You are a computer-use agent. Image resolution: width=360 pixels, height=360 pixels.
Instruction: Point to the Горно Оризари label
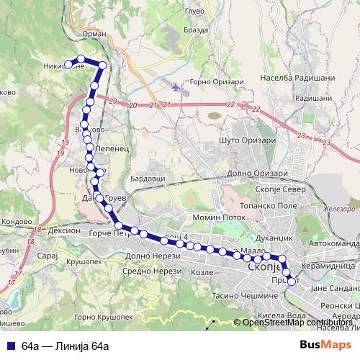tap(217, 81)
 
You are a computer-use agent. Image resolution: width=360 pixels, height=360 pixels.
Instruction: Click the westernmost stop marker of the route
tap(69, 64)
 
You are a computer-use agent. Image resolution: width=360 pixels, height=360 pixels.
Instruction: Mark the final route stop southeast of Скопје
tap(291, 282)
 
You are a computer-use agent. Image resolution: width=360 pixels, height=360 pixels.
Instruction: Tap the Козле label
tap(204, 273)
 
